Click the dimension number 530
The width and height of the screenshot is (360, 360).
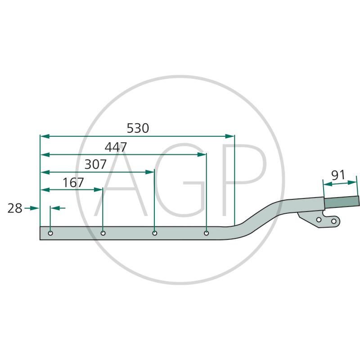pos(138,128)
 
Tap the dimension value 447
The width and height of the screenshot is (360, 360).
pos(116,147)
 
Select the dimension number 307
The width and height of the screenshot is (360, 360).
pos(95,164)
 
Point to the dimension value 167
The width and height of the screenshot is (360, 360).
pos(73,183)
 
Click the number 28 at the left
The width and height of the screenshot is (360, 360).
pos(15,208)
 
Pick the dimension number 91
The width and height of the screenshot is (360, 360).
pos(338,175)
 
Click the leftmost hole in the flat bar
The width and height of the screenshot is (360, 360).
pos(50,233)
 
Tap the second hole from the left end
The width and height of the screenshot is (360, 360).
pos(103,233)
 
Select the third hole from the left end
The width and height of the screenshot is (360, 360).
pos(155,233)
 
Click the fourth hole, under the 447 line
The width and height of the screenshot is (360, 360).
pos(207,233)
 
